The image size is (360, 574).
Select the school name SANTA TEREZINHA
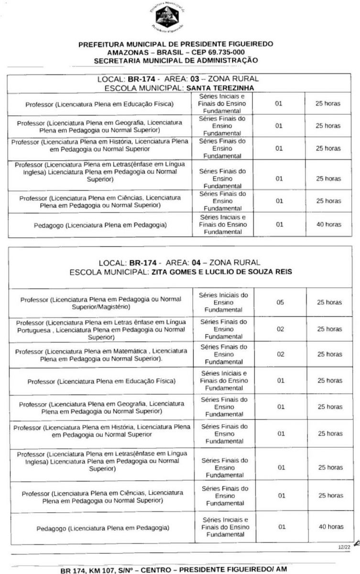(220, 88)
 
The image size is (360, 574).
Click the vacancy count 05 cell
(281, 302)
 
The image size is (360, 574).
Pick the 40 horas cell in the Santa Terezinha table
(327, 224)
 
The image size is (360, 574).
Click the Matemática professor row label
(101, 354)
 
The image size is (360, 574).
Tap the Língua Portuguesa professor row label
(101, 329)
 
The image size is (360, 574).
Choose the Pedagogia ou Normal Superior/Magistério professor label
(101, 302)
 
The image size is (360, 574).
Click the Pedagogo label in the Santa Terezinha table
(100, 224)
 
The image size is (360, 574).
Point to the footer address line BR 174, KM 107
(179, 570)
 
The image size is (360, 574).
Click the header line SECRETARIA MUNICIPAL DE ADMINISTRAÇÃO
(176, 60)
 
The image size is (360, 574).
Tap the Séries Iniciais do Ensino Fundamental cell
(223, 302)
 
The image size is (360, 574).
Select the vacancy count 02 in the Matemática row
(281, 354)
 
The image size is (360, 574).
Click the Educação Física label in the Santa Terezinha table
(99, 103)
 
